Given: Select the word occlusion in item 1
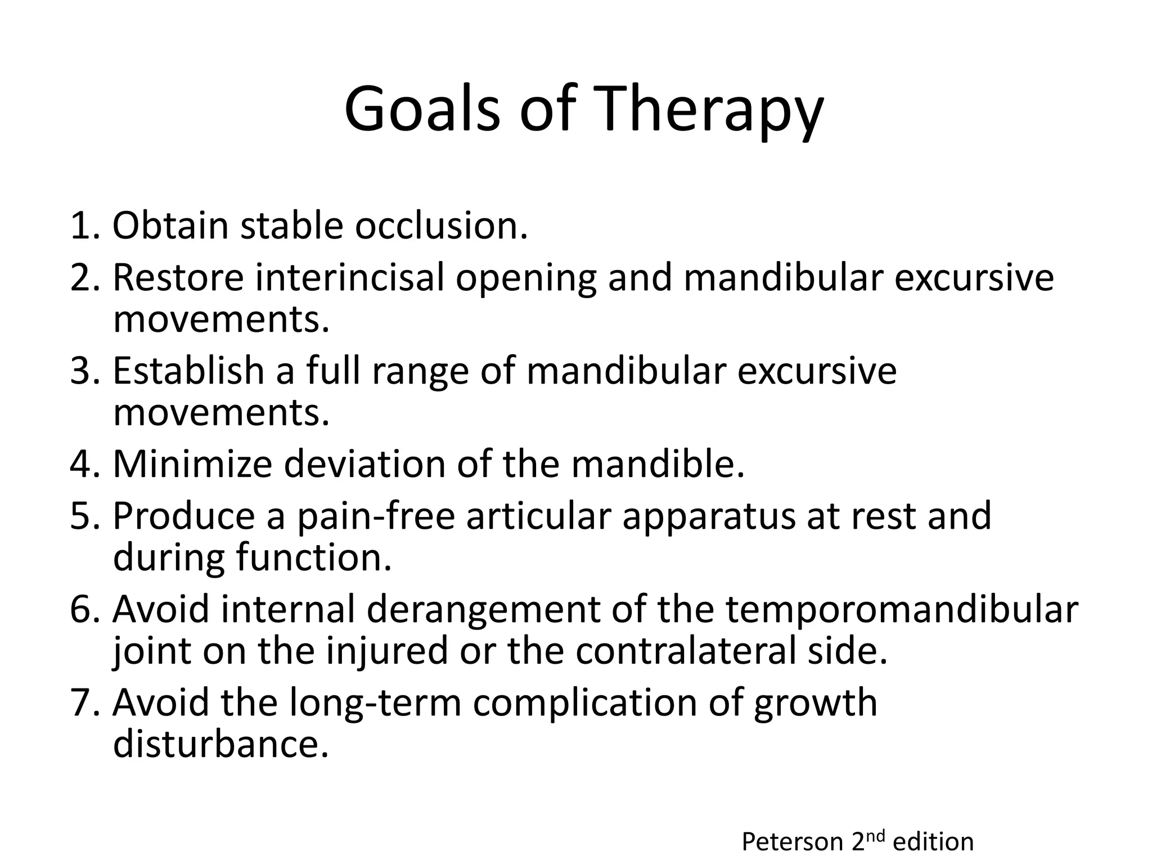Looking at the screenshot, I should [442, 226].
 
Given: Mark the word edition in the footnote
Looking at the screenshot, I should [933, 842].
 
